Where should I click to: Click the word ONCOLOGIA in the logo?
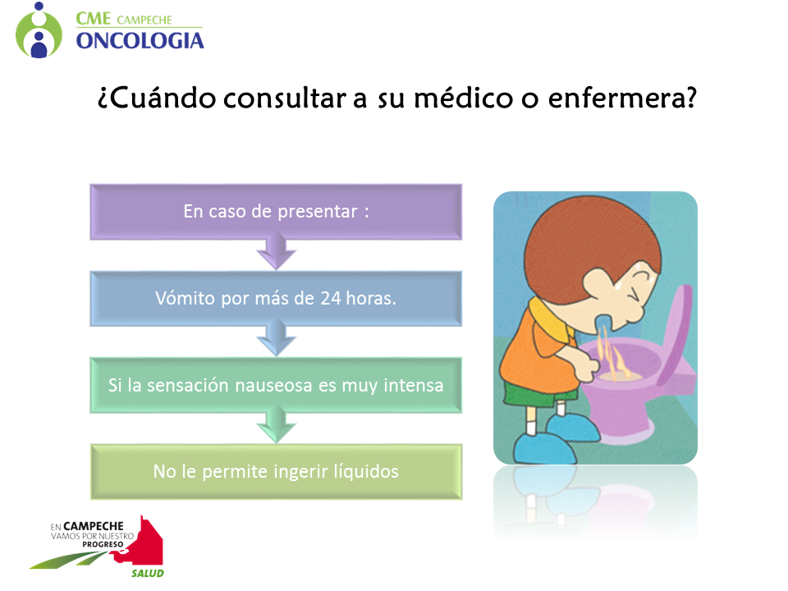pyautogui.click(x=140, y=41)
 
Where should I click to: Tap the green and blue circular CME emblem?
pyautogui.click(x=39, y=30)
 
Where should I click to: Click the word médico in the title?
pyautogui.click(x=463, y=97)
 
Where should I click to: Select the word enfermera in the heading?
pyautogui.click(x=622, y=98)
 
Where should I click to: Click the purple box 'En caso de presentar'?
pyautogui.click(x=276, y=212)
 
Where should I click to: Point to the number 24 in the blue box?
pyautogui.click(x=331, y=299)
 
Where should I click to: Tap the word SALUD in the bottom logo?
pyautogui.click(x=148, y=574)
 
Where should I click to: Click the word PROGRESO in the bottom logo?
pyautogui.click(x=103, y=545)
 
